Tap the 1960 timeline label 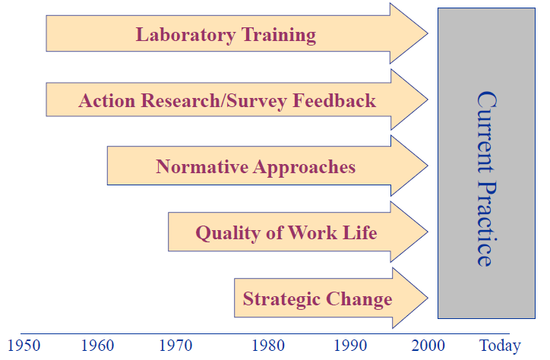(x=97, y=346)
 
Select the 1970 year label (x=176, y=346)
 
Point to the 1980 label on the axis (x=269, y=346)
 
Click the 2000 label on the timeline (x=428, y=346)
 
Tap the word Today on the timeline (x=500, y=346)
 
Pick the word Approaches (x=305, y=166)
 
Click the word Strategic (x=280, y=298)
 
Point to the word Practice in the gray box (x=486, y=224)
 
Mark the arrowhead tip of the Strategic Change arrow (x=427, y=298)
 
